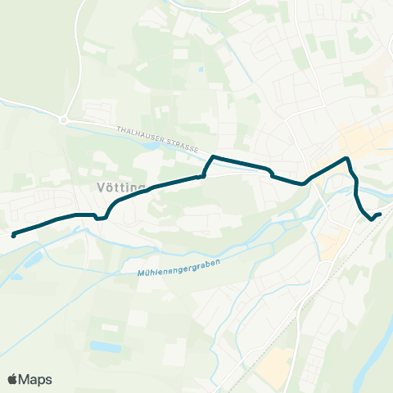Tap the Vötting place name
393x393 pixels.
[115, 187]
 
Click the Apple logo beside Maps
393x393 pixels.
[14, 379]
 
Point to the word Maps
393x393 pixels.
[37, 379]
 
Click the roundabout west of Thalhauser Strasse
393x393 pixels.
[64, 120]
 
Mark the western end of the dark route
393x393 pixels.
[13, 235]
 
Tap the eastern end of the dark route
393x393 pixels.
[380, 215]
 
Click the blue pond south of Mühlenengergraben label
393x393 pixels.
[105, 346]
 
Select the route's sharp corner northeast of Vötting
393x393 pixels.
[214, 156]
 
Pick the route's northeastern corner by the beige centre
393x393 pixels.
[349, 158]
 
